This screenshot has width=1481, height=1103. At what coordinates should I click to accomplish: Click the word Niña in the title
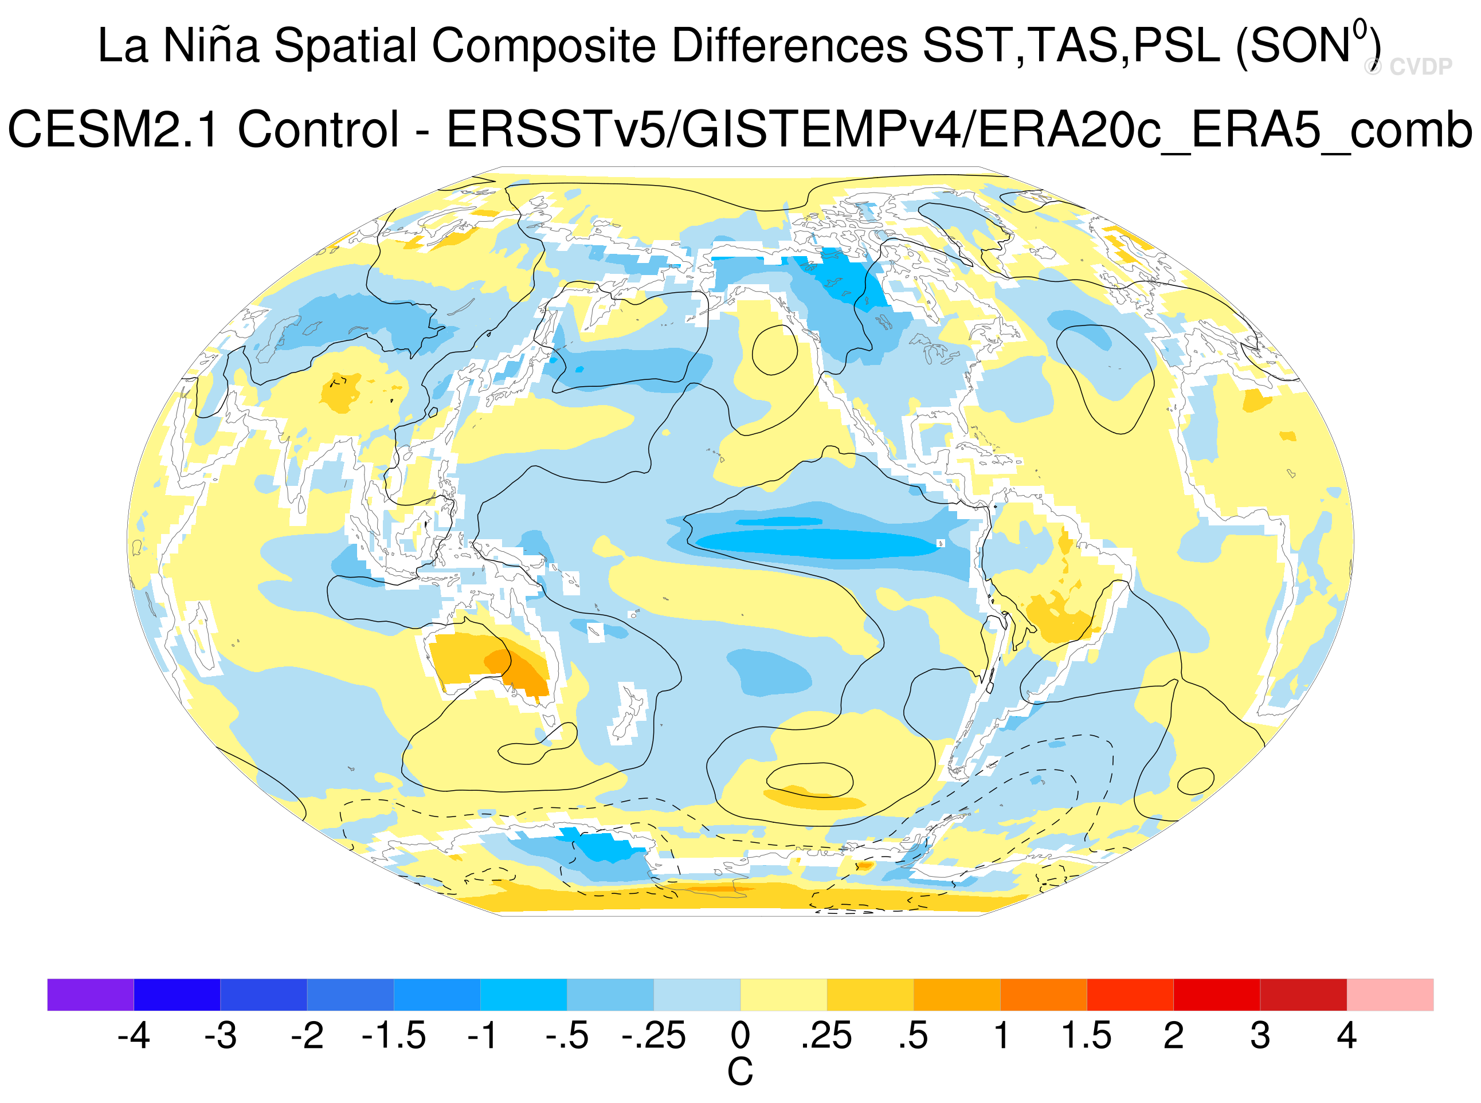coord(211,45)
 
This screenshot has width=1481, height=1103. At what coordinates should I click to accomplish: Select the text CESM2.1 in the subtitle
coord(113,129)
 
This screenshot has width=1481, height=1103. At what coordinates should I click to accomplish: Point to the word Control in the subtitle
coord(319,129)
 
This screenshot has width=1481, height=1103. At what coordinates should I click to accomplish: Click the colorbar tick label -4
coord(134,1035)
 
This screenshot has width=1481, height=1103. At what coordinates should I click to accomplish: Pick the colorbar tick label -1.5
coord(393,1035)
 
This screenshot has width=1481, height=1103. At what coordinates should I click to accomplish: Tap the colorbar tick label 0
coord(740,1035)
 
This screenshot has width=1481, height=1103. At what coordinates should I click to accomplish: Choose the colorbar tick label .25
coord(826,1035)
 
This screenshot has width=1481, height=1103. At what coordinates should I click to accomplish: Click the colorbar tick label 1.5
coord(1086,1035)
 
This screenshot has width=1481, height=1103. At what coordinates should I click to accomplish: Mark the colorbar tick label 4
coord(1347,1035)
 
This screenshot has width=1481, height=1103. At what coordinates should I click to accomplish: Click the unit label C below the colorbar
coord(740,1072)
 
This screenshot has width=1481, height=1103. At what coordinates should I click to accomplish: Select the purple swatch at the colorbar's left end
coord(90,995)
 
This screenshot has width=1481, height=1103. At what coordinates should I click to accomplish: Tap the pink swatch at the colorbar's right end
coord(1390,995)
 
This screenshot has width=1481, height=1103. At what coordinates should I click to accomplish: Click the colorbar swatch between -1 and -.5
coord(523,995)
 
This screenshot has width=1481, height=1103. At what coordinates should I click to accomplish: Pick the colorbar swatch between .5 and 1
coord(957,995)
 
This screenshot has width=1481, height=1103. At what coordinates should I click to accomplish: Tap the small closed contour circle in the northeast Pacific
coord(774,350)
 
